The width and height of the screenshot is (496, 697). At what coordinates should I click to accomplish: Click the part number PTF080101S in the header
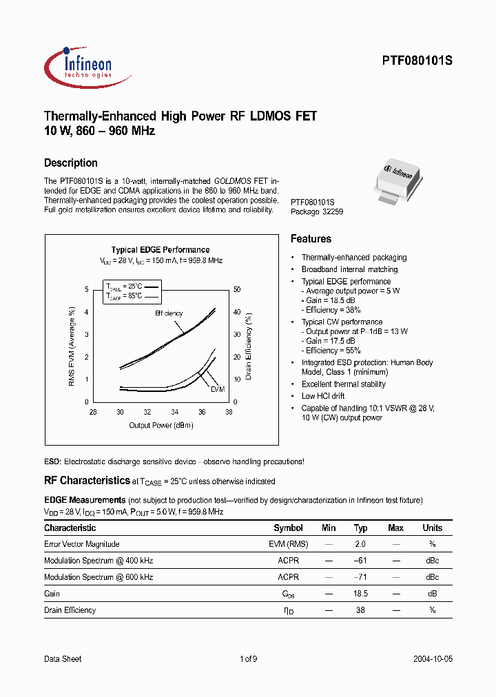click(417, 61)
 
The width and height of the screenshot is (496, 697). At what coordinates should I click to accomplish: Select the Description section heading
click(71, 163)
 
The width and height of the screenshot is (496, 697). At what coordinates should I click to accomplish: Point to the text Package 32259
click(317, 212)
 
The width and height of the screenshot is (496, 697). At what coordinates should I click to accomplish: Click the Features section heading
click(311, 239)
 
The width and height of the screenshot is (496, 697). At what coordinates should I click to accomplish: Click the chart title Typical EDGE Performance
click(161, 250)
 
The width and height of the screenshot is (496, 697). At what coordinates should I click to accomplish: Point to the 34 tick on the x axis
click(174, 412)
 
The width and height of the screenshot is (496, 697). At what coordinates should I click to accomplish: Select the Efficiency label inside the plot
click(169, 313)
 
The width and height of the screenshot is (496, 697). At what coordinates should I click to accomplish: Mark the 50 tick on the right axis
click(237, 289)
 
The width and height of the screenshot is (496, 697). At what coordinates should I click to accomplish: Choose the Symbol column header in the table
click(288, 528)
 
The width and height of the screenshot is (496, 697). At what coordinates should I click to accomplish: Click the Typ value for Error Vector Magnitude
click(360, 544)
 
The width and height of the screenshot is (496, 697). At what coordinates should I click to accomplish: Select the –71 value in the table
click(360, 577)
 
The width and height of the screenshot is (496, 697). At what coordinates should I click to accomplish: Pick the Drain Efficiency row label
click(70, 610)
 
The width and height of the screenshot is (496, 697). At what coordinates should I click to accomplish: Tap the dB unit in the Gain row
click(433, 594)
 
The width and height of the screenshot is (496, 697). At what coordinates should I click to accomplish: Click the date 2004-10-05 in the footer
click(433, 659)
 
